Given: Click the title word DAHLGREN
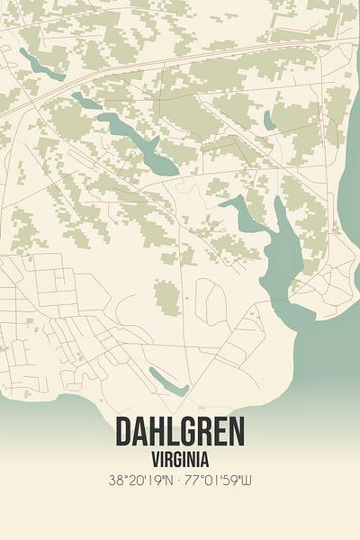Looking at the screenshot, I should pyautogui.click(x=179, y=432).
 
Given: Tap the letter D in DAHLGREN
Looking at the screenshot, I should pyautogui.click(x=123, y=432).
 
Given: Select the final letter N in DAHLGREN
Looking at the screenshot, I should pyautogui.click(x=236, y=432).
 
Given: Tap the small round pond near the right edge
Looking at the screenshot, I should pyautogui.click(x=269, y=120).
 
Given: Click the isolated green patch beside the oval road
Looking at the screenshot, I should pyautogui.click(x=166, y=296).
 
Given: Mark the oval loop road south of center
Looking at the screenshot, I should pyautogui.click(x=209, y=301).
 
